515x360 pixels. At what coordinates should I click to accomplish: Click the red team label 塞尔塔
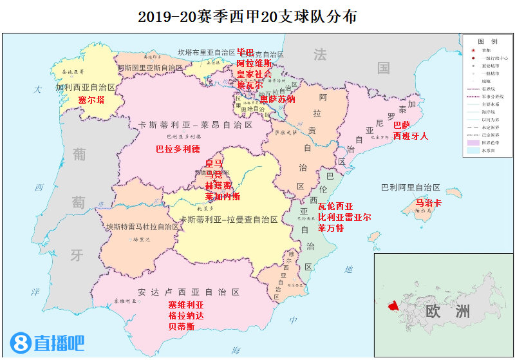(91, 100)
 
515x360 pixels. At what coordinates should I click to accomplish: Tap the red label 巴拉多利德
(178, 149)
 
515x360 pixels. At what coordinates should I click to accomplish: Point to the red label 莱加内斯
(222, 196)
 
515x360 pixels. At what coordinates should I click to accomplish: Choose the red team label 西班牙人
(410, 136)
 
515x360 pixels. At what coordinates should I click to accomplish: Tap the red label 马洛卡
(429, 203)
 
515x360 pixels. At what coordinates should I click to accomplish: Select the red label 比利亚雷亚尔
(344, 218)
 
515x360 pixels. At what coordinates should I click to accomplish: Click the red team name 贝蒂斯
(181, 327)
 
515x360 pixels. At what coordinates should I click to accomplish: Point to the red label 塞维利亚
(185, 305)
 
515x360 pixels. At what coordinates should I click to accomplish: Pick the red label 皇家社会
(254, 74)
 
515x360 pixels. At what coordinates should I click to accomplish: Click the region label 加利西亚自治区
(85, 87)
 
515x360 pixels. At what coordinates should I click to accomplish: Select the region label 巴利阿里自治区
(410, 187)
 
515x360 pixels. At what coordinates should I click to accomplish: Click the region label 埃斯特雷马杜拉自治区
(142, 227)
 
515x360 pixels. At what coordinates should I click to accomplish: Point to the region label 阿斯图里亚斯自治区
(150, 68)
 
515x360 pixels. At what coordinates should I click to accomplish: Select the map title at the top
(257, 16)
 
